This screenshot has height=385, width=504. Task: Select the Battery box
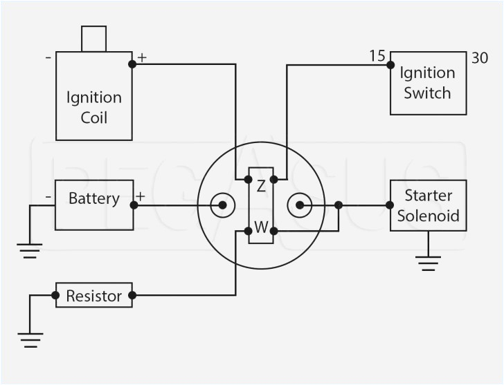[94, 205]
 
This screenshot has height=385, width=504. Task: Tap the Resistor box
[93, 295]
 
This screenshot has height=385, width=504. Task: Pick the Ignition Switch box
[428, 83]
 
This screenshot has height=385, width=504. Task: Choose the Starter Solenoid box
[428, 205]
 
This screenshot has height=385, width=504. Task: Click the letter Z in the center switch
[261, 185]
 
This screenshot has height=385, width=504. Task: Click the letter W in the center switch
[261, 227]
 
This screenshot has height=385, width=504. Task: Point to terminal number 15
[377, 55]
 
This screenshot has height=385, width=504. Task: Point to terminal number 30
[480, 59]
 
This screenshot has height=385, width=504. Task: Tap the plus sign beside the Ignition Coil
[142, 57]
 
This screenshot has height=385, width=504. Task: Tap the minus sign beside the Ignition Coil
[48, 57]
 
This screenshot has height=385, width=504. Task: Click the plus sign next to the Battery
[141, 196]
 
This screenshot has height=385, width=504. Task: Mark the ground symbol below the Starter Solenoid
[428, 262]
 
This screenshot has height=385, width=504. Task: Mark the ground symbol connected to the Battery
[29, 250]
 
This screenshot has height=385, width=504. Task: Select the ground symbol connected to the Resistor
[29, 339]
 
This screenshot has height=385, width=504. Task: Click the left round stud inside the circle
[222, 205]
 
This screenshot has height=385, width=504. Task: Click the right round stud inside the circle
[299, 205]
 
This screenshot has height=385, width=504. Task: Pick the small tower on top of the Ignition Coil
[93, 39]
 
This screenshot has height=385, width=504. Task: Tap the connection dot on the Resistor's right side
[132, 295]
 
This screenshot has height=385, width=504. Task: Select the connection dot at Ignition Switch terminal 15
[390, 65]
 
